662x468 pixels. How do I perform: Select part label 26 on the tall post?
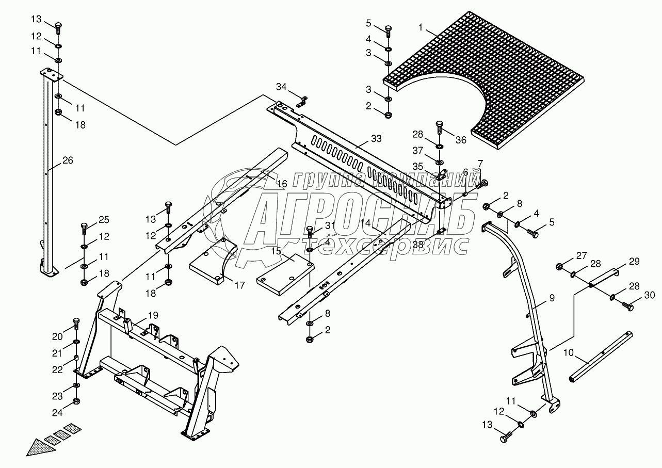[x=68, y=160]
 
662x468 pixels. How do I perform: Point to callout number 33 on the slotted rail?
[x=377, y=139]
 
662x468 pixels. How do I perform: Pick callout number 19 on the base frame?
[x=139, y=315]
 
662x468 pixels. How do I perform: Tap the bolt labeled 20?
[x=76, y=324]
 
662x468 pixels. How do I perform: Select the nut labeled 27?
[x=559, y=267]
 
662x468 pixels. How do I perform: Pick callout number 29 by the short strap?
[x=634, y=262]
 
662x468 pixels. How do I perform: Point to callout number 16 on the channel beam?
[x=281, y=184]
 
